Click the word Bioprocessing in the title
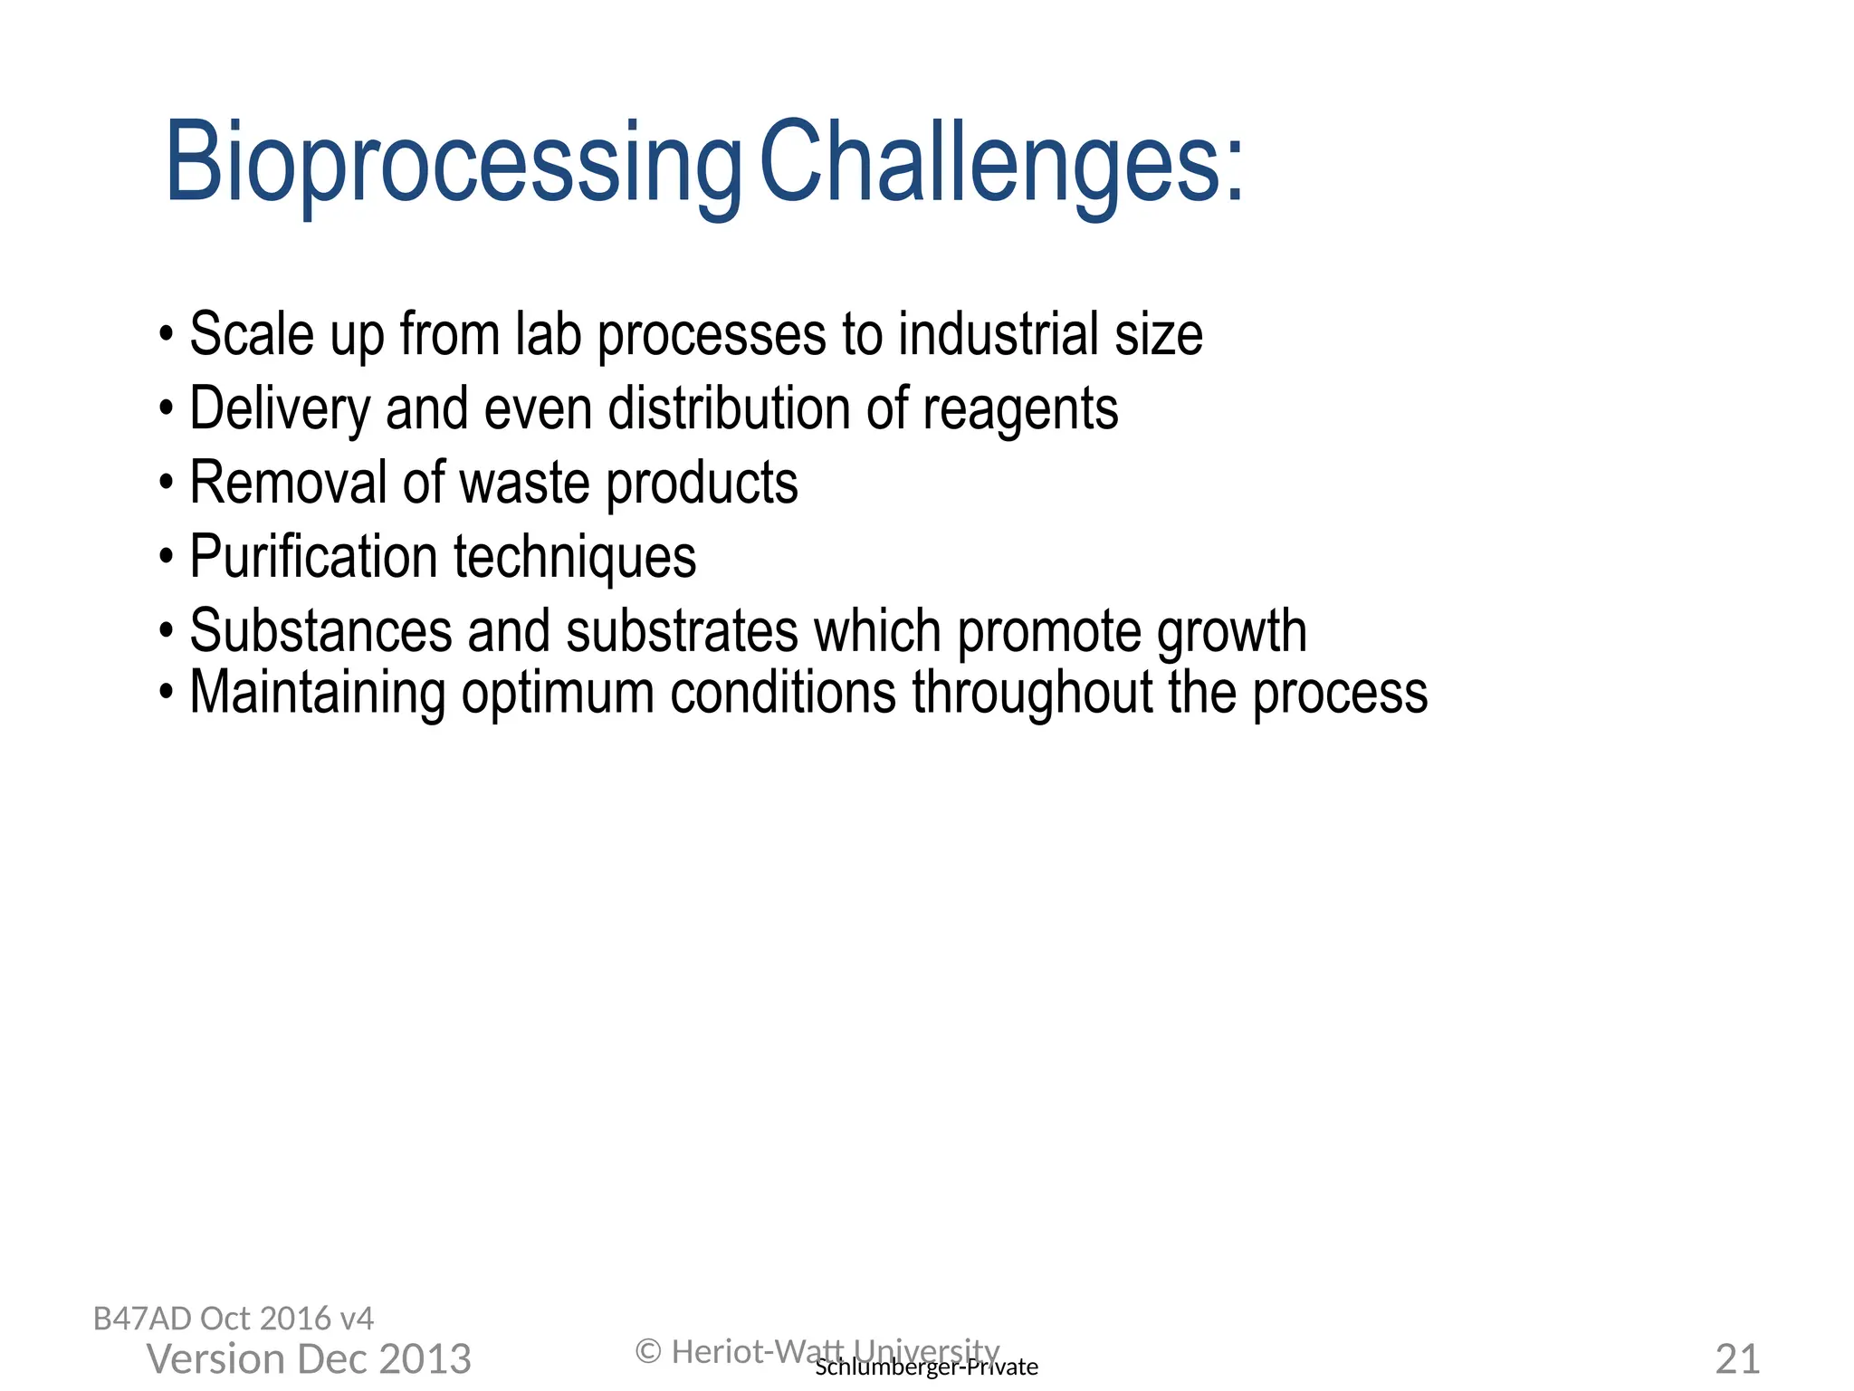pyautogui.click(x=453, y=163)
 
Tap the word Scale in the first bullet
pyautogui.click(x=251, y=334)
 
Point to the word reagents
pyautogui.click(x=1020, y=410)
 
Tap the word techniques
pyautogui.click(x=575, y=558)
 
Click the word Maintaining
pyautogui.click(x=317, y=693)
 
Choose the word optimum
pyautogui.click(x=558, y=695)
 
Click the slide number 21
pyautogui.click(x=1737, y=1359)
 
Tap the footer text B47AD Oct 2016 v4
pyautogui.click(x=234, y=1319)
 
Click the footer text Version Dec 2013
pyautogui.click(x=309, y=1359)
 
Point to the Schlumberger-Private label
pyautogui.click(x=926, y=1367)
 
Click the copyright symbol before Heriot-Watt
pyautogui.click(x=648, y=1352)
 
